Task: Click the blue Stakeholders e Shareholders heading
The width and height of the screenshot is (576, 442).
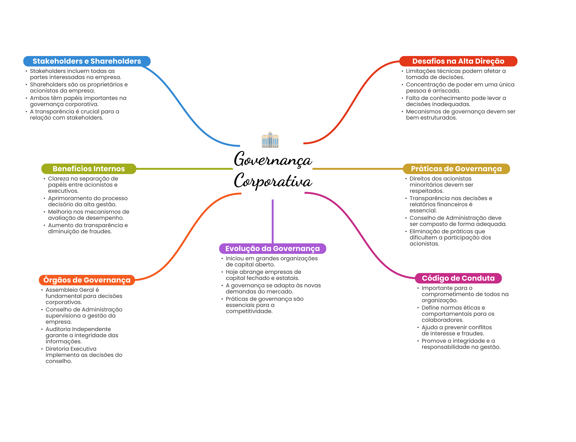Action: (x=87, y=61)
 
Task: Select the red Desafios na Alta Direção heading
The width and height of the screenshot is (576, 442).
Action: (x=458, y=61)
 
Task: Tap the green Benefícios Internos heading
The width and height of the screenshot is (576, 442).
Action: (x=89, y=169)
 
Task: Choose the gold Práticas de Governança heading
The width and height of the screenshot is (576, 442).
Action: (x=456, y=169)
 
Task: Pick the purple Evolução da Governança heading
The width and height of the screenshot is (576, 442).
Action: (x=272, y=248)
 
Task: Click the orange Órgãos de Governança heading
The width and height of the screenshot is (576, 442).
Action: (x=87, y=280)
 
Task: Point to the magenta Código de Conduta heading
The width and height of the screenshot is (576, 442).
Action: (x=458, y=278)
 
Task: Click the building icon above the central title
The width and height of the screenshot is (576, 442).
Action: (x=270, y=140)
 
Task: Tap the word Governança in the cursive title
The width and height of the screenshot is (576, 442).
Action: (x=273, y=159)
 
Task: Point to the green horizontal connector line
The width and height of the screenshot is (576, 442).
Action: (x=184, y=169)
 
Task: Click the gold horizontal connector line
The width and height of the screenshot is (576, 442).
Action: (x=357, y=169)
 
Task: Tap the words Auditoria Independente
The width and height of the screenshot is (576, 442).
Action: (x=78, y=329)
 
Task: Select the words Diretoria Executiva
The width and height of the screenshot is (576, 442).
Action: (x=71, y=349)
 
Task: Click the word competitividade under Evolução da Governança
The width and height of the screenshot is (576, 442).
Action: (x=249, y=311)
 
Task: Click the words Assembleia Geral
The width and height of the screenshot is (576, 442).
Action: (x=70, y=290)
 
